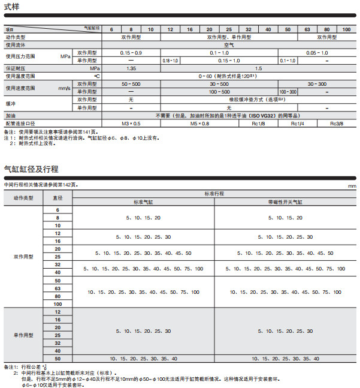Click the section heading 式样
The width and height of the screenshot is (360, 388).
pyautogui.click(x=11, y=7)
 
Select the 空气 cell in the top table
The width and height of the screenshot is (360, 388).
pyautogui.click(x=229, y=45)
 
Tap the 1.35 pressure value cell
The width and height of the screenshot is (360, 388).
pyautogui.click(x=131, y=68)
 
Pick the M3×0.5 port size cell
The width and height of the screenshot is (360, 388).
pyautogui.click(x=131, y=123)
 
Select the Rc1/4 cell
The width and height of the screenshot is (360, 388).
pyautogui.click(x=297, y=123)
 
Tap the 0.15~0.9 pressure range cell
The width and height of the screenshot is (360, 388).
pyautogui.click(x=131, y=53)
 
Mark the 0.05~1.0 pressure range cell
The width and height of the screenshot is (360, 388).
pyautogui.click(x=317, y=53)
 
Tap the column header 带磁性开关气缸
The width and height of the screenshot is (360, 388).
pyautogui.click(x=286, y=203)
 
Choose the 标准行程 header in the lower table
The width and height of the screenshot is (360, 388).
pyautogui.click(x=214, y=194)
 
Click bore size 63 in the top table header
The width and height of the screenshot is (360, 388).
pyautogui.click(x=307, y=29)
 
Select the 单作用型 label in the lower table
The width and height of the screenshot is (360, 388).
pyautogui.click(x=23, y=335)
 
